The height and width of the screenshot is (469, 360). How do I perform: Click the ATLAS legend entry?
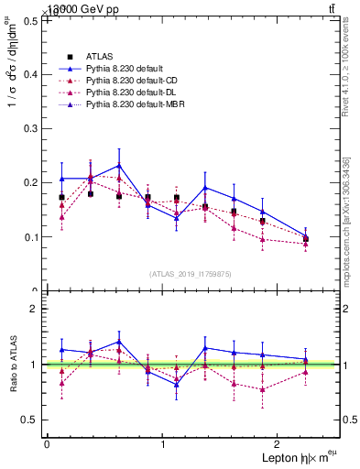click(x=100, y=56)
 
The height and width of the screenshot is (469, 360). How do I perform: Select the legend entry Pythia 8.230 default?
click(x=123, y=69)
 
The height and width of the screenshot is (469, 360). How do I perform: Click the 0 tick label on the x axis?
click(x=47, y=444)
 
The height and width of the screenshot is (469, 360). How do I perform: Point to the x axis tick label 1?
click(x=163, y=444)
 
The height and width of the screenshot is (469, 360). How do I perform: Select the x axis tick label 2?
click(x=279, y=444)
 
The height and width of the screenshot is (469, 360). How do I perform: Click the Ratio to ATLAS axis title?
click(x=13, y=365)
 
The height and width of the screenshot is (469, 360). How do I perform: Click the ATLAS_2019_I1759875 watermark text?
click(x=191, y=273)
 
